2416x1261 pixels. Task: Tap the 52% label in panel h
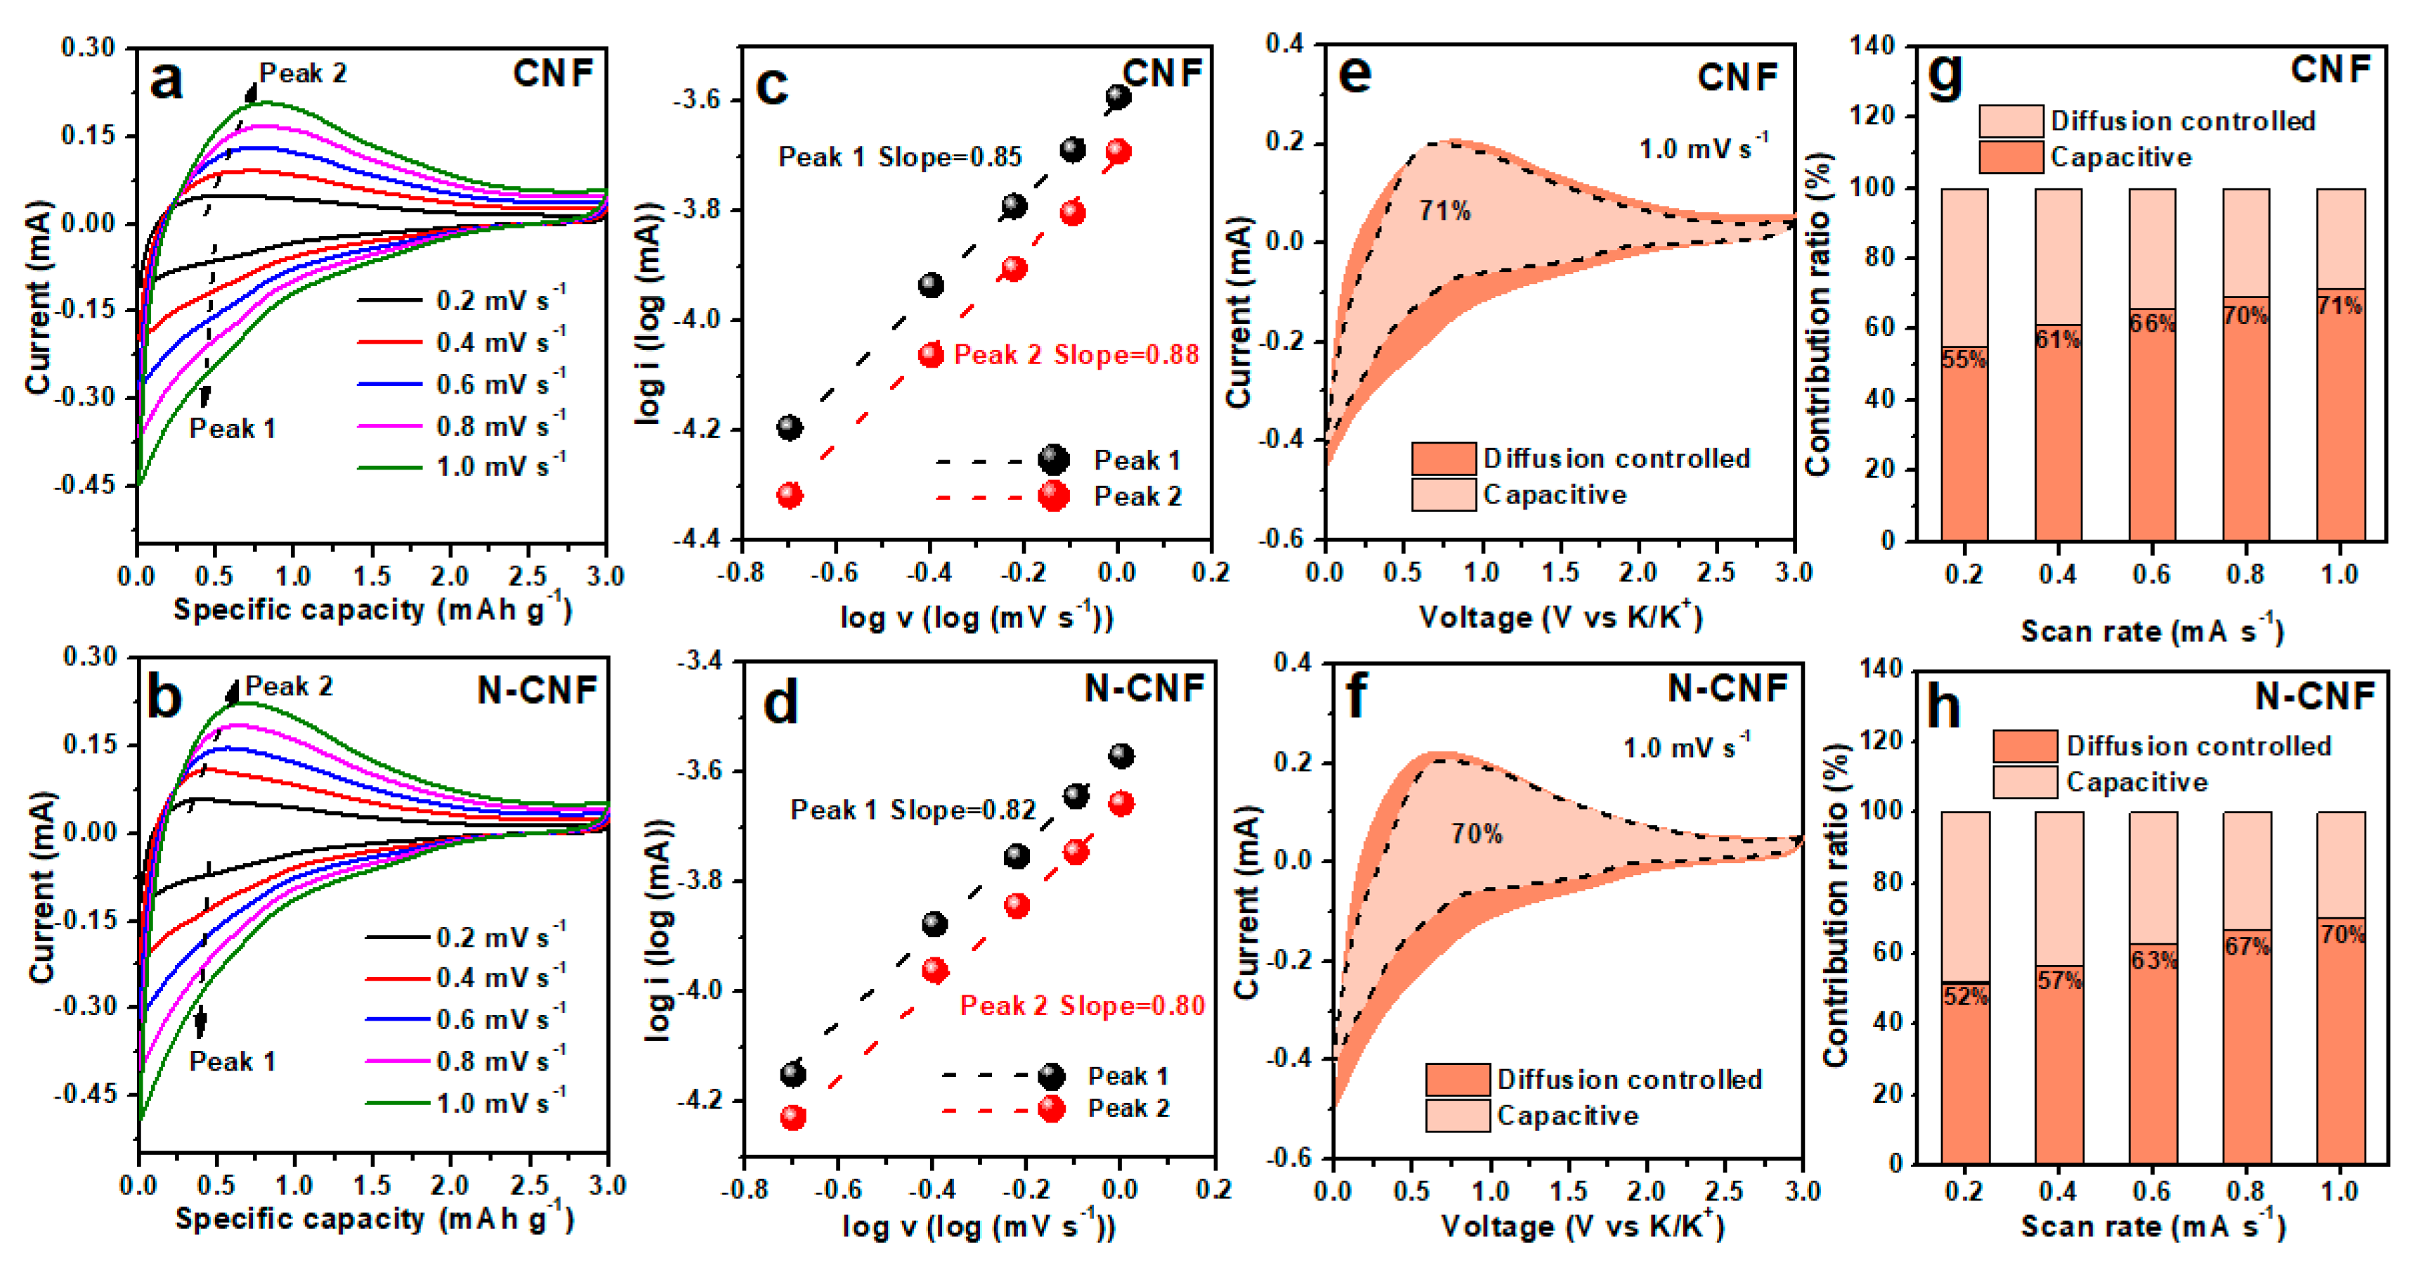pyautogui.click(x=1965, y=997)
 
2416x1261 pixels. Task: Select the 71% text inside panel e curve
pyautogui.click(x=1444, y=211)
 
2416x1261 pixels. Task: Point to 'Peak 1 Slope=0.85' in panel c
pyautogui.click(x=899, y=157)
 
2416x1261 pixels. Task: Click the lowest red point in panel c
pyautogui.click(x=790, y=496)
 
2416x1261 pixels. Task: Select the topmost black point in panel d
pyautogui.click(x=1121, y=756)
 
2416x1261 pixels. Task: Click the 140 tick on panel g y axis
pyautogui.click(x=1873, y=45)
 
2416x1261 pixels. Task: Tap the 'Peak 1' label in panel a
pyautogui.click(x=232, y=429)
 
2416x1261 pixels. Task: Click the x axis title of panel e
pyautogui.click(x=1560, y=616)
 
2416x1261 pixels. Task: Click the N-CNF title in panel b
pyautogui.click(x=537, y=690)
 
